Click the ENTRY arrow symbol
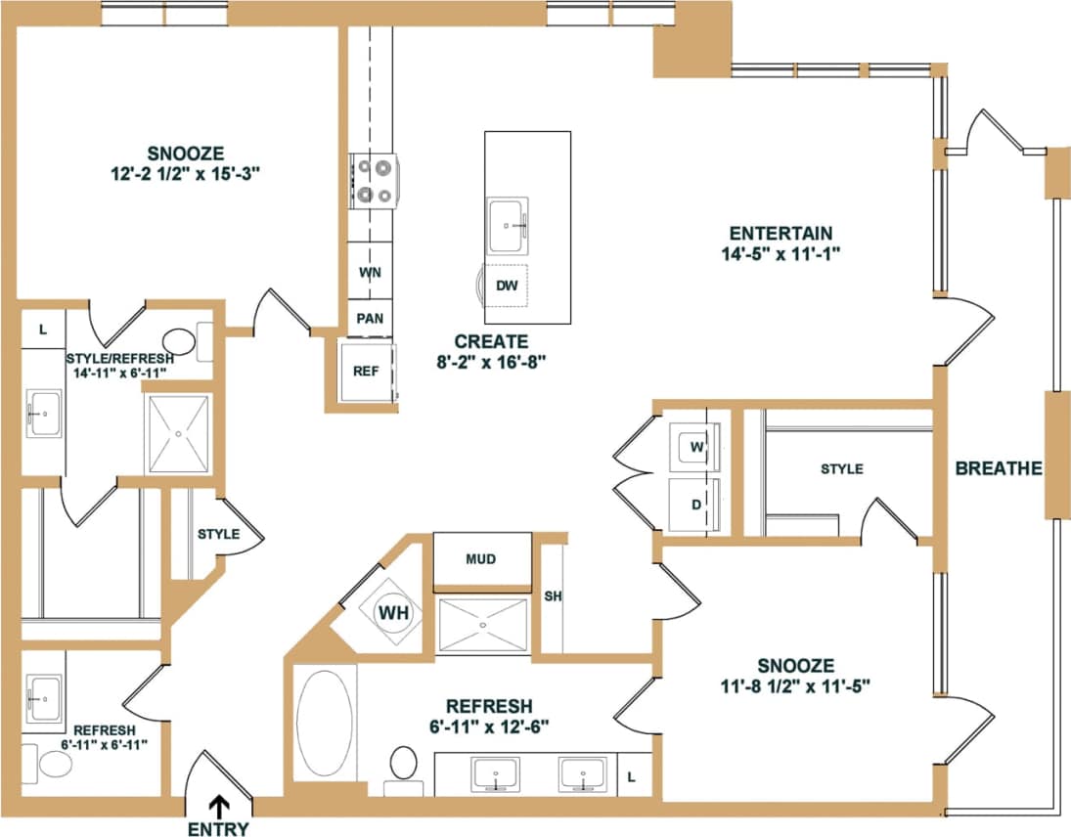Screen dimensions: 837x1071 (x=219, y=805)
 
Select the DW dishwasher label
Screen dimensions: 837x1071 (x=507, y=286)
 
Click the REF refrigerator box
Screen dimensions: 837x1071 (x=366, y=371)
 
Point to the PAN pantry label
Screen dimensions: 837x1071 (x=369, y=318)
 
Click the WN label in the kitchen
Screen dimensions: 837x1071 (x=369, y=272)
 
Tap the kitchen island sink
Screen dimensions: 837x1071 (x=508, y=225)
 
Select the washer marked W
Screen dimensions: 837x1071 (x=697, y=446)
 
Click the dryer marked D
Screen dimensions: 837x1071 (x=697, y=506)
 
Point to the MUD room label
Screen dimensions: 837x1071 (x=481, y=559)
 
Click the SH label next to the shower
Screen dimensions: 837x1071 (x=551, y=596)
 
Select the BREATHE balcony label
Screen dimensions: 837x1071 (x=999, y=468)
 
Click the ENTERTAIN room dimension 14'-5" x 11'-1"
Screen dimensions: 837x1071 (x=781, y=252)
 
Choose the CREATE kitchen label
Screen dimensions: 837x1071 (x=491, y=342)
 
